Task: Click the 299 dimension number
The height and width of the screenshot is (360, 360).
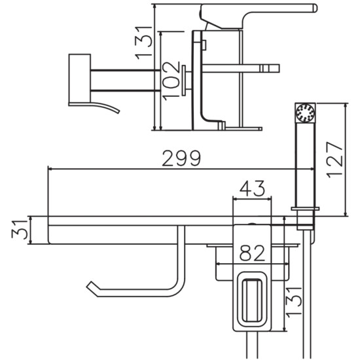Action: pyautogui.click(x=181, y=158)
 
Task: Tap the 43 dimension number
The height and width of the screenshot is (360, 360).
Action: pyautogui.click(x=252, y=188)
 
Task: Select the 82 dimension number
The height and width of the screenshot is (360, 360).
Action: pyautogui.click(x=252, y=253)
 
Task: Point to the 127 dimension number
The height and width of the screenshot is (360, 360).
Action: pyautogui.click(x=334, y=160)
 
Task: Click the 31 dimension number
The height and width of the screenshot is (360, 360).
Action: pyautogui.click(x=20, y=230)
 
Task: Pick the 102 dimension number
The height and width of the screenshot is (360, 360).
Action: pyautogui.click(x=171, y=81)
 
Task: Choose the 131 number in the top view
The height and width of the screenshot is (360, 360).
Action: pyautogui.click(x=143, y=43)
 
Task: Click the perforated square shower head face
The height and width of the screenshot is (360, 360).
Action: pyautogui.click(x=305, y=113)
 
